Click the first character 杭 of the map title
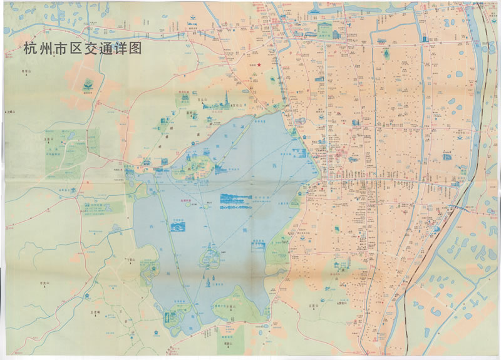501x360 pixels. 29,49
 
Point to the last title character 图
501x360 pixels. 134,49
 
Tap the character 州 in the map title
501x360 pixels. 44,49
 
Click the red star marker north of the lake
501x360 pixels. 258,64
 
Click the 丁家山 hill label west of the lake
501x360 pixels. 130,258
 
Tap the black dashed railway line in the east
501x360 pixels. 407,294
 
